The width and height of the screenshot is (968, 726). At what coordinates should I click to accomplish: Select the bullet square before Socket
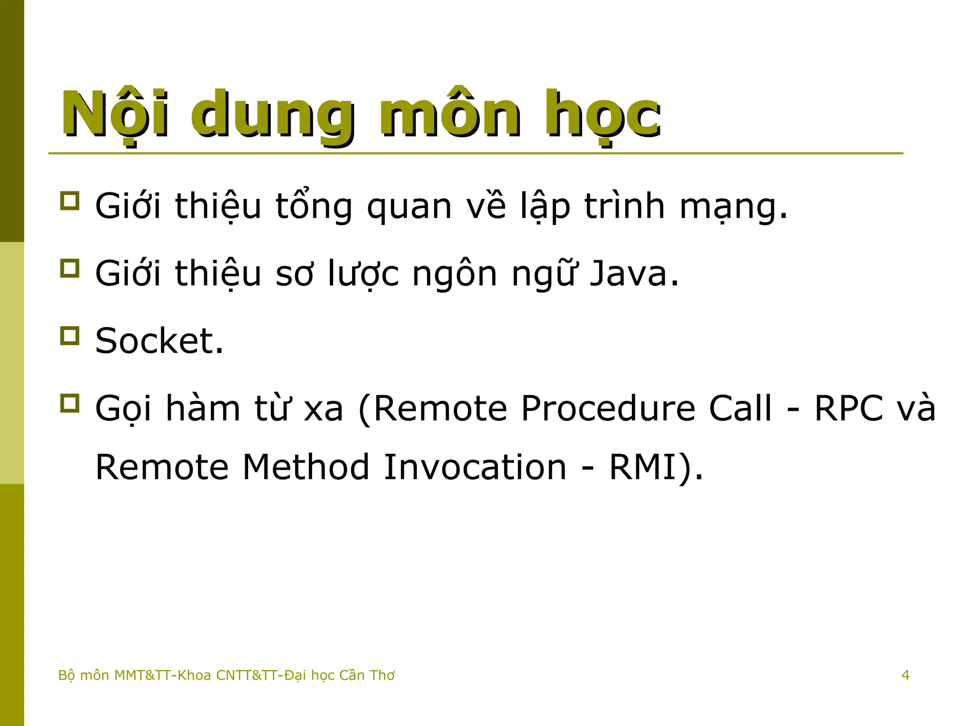(x=69, y=336)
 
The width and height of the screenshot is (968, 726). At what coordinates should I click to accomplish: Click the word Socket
(x=159, y=341)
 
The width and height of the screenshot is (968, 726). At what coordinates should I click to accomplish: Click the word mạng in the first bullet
(x=733, y=207)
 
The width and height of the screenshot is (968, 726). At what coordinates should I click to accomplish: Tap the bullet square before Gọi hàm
(x=69, y=403)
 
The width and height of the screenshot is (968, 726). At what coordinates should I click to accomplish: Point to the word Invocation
(x=475, y=467)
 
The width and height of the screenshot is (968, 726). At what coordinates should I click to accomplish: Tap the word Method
(x=305, y=467)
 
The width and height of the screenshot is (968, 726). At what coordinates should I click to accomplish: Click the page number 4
(x=905, y=675)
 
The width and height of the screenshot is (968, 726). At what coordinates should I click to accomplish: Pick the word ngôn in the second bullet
(x=454, y=274)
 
